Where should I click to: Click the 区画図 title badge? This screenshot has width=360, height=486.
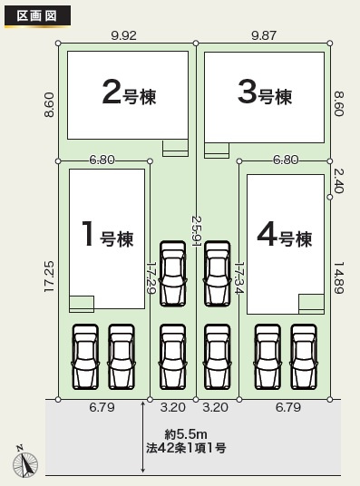37,16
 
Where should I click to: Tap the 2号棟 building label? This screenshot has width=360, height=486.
129,93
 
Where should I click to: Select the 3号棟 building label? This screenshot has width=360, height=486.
265,92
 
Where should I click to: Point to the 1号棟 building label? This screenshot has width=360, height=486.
107,235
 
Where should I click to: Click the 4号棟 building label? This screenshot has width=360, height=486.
285,235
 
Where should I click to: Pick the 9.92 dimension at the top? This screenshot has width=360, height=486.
123,35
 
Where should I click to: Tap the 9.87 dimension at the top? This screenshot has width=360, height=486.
264,35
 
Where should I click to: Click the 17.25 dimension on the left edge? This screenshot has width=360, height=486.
49,277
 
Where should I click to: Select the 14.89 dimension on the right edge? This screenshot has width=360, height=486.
338,277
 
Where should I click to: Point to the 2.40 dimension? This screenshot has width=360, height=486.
338,181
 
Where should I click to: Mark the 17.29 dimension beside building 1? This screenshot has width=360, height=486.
151,277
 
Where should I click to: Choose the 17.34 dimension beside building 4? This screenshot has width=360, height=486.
239,277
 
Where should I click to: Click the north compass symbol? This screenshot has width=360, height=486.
24,462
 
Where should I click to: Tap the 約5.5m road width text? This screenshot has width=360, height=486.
186,434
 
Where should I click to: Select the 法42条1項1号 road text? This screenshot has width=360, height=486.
186,448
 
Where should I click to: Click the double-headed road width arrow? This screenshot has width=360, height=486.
143,437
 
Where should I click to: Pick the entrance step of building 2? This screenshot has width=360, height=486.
176,148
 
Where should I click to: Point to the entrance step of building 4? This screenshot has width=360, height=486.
312,304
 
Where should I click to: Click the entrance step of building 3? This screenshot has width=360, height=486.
217,151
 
